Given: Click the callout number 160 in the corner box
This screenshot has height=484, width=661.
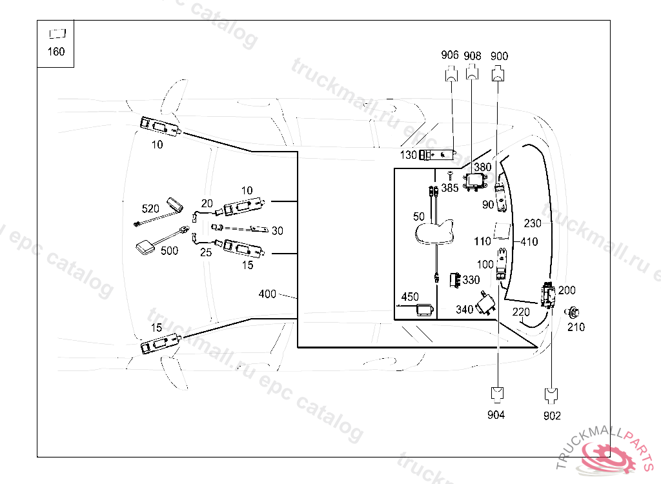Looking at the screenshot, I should click(x=56, y=52).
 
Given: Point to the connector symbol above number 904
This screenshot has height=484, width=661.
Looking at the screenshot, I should click(x=496, y=392).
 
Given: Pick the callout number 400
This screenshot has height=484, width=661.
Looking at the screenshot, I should click(x=267, y=294).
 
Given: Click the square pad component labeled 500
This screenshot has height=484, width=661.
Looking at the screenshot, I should click(x=145, y=247).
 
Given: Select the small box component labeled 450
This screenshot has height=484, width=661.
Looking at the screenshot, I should click(x=425, y=310).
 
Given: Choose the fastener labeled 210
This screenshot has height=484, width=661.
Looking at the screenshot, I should click(x=572, y=313).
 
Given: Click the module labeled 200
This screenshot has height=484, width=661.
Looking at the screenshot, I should click(x=548, y=296).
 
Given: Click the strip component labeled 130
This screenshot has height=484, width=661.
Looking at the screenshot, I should click(x=438, y=155).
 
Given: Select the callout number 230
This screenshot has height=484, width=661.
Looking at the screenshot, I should click(x=533, y=223).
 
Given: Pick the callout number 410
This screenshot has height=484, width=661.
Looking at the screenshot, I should click(x=529, y=243).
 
